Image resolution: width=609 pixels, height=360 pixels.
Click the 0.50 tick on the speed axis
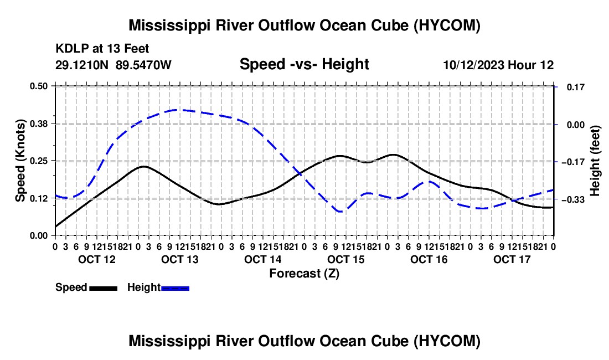38,86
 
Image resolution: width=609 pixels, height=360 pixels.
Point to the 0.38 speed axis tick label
38,124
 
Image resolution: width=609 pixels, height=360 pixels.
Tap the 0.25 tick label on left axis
38,161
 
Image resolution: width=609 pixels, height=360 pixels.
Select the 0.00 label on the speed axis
38,235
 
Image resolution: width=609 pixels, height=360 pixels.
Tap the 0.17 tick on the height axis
576,87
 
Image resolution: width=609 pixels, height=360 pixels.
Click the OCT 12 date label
97,259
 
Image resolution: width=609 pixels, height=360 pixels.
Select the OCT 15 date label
346,259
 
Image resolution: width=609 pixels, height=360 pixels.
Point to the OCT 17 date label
512,259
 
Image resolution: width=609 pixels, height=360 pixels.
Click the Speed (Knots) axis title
20,161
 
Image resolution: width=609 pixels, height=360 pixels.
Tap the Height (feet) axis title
595,161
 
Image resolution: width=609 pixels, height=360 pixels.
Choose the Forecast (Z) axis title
304,274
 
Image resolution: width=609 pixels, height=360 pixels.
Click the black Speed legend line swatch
104,288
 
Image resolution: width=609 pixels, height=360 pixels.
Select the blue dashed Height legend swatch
175,288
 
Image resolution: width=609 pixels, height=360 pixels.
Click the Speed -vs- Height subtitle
304,64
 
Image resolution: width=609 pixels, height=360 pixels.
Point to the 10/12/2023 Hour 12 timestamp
499,65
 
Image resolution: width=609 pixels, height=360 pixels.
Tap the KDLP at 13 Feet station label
102,49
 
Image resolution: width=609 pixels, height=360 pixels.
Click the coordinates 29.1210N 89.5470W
113,65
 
